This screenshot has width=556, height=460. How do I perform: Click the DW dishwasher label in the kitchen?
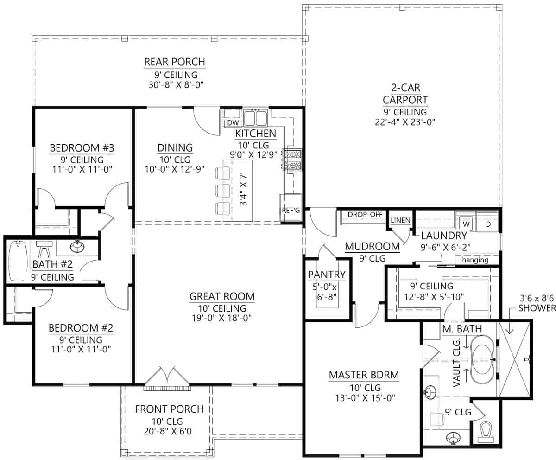(233, 122)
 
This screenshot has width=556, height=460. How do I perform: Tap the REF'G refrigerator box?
(291, 208)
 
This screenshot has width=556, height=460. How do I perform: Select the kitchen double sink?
(255, 117)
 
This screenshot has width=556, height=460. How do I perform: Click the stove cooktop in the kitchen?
(293, 160)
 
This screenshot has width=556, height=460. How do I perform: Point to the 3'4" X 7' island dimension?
(243, 190)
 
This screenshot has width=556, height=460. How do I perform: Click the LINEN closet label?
(400, 220)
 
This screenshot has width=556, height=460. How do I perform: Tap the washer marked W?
(466, 224)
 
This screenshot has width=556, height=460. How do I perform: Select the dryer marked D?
(487, 224)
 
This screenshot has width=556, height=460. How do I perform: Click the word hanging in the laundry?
(475, 260)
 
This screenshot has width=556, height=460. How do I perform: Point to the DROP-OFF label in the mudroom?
(365, 214)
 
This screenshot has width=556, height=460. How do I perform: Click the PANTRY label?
(327, 275)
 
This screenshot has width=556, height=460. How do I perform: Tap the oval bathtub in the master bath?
(482, 360)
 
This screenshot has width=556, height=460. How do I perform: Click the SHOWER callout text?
(537, 308)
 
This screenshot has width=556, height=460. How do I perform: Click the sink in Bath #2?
(77, 246)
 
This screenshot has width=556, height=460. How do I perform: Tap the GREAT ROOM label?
(222, 296)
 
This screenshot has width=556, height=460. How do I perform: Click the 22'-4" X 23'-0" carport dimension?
(405, 122)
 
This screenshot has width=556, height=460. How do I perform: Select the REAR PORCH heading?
(174, 62)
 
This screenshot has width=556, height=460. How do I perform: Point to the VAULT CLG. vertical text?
(457, 363)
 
